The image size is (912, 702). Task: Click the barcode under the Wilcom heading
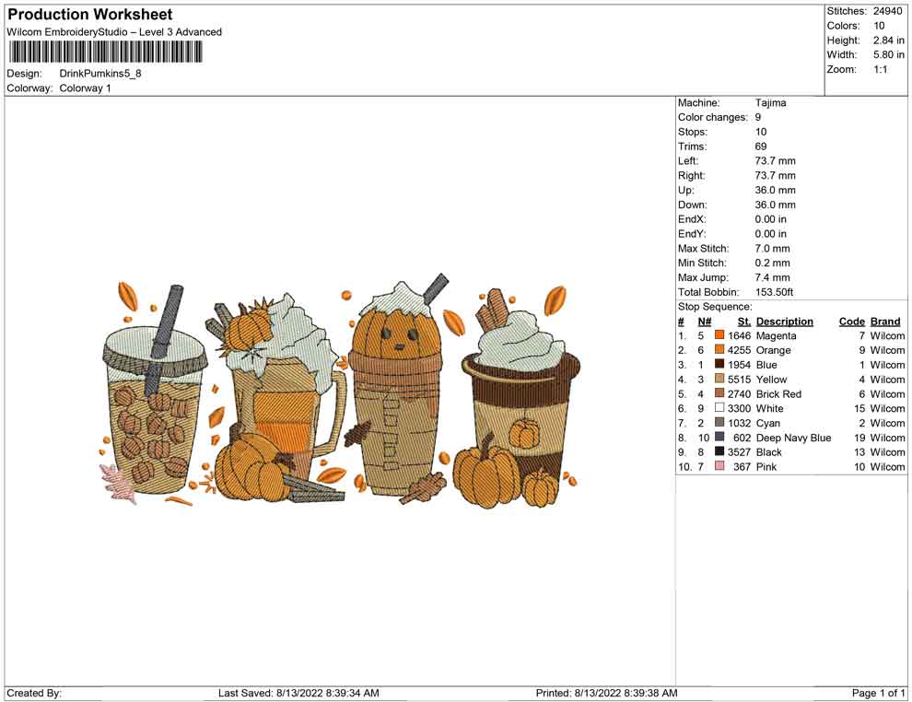(x=105, y=53)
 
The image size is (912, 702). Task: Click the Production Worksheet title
(x=90, y=15)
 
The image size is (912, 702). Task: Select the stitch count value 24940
(x=887, y=11)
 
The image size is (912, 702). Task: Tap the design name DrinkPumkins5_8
(x=100, y=74)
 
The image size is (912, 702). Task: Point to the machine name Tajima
(x=771, y=103)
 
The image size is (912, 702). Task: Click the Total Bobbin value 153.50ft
(x=774, y=292)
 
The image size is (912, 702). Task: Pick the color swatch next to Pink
(x=719, y=466)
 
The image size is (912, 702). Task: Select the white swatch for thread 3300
(x=719, y=408)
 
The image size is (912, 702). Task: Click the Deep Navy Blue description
(x=793, y=438)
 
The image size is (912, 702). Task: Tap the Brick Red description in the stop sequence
(x=778, y=394)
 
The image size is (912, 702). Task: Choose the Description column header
(x=785, y=322)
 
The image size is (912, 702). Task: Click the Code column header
(x=852, y=322)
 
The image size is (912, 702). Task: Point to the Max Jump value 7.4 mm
(x=772, y=277)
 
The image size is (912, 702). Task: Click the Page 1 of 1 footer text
(x=878, y=693)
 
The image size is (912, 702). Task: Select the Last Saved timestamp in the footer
(x=298, y=693)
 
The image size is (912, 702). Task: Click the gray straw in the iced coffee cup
(x=161, y=340)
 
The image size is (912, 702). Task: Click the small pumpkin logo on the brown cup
(x=524, y=433)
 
